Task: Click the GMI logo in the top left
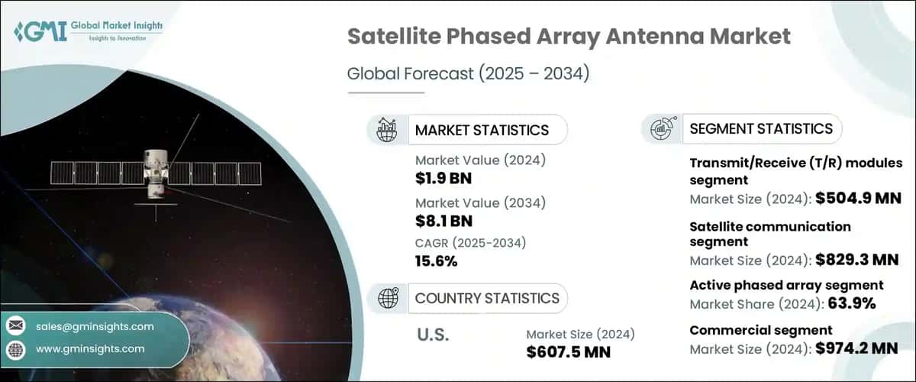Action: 88,31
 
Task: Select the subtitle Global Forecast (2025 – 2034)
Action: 468,74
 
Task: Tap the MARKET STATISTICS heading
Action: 481,130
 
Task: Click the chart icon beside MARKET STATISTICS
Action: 387,130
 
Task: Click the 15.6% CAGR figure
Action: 436,261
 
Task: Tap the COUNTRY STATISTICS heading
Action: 486,298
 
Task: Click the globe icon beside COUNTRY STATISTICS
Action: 387,298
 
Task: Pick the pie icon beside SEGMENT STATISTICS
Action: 660,129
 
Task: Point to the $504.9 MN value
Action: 857,199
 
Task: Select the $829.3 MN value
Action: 857,260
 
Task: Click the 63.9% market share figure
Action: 850,303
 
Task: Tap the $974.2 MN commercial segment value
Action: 857,348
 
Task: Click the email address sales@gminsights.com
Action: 95,326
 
